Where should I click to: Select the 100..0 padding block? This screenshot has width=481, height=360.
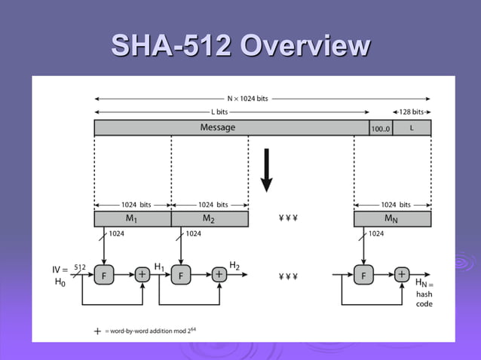[380, 128]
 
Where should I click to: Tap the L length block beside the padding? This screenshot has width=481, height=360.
[412, 127]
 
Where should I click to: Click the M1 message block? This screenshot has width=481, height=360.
[133, 218]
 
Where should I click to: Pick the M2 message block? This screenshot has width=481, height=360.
[210, 218]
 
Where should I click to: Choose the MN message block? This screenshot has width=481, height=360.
[392, 218]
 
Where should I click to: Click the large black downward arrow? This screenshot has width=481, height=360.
[266, 170]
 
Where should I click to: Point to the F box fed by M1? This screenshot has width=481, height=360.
[104, 276]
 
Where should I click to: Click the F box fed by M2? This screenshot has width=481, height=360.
[181, 276]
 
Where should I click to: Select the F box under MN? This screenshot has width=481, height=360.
[363, 276]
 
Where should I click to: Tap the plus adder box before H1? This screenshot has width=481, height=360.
[142, 276]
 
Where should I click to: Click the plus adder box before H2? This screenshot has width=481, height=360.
[219, 276]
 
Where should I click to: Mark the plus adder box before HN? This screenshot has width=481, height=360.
[401, 276]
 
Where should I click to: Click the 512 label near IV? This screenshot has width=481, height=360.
[80, 267]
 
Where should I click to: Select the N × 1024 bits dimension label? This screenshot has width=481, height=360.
[247, 99]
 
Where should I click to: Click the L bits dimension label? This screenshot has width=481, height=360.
[219, 111]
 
